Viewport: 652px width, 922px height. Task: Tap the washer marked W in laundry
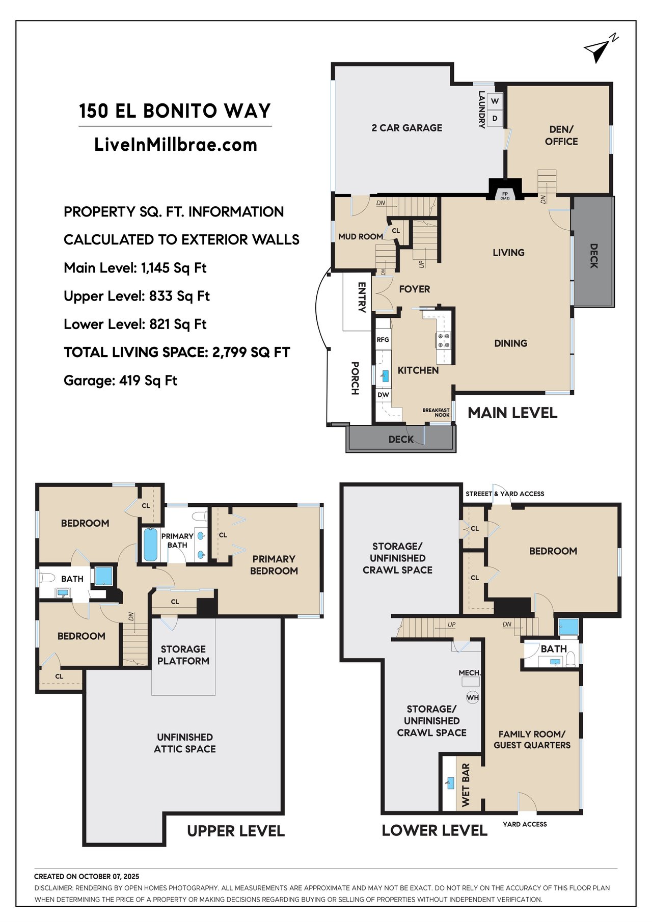pos(495,101)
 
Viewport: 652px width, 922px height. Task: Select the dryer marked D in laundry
pos(495,119)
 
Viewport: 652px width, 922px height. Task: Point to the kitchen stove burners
pos(443,340)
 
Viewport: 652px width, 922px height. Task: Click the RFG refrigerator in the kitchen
pos(383,340)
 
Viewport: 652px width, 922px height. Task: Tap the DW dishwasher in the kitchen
pos(383,395)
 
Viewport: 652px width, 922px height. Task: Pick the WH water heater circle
pos(473,697)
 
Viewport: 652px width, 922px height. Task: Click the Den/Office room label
pos(561,135)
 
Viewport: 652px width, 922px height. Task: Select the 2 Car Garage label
pos(407,128)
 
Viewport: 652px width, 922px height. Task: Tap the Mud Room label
pos(361,236)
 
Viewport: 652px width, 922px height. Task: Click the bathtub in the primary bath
pos(150,545)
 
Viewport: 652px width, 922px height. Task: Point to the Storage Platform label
pos(183,655)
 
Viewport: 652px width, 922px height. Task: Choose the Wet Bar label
pos(466,785)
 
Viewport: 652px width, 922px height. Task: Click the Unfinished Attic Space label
pos(185,743)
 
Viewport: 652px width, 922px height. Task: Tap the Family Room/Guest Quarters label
pos(532,740)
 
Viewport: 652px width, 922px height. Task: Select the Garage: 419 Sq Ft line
pos(120,381)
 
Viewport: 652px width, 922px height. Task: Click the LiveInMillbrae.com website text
pos(176,145)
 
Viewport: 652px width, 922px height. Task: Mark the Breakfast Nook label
pos(436,413)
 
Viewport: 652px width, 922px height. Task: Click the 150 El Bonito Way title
pos(175,111)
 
